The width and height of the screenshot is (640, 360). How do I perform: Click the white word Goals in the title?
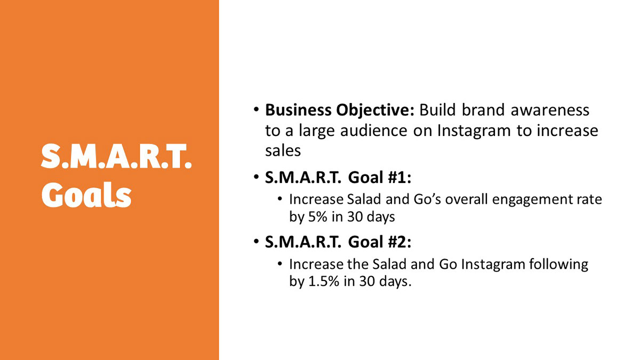pyautogui.click(x=86, y=195)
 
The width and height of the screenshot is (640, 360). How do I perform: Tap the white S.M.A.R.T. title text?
pyautogui.click(x=116, y=156)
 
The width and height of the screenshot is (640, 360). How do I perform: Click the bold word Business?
pyautogui.click(x=298, y=110)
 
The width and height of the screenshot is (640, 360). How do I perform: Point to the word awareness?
pyautogui.click(x=550, y=110)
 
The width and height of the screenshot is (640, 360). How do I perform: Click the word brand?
pyautogui.click(x=483, y=110)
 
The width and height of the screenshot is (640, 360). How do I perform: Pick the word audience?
pyautogui.click(x=374, y=131)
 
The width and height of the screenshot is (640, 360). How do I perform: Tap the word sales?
pyautogui.click(x=283, y=150)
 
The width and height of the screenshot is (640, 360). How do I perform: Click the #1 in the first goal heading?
pyautogui.click(x=399, y=178)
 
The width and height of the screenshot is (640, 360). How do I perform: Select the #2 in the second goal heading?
pyautogui.click(x=399, y=242)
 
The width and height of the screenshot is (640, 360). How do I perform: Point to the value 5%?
pyautogui.click(x=318, y=217)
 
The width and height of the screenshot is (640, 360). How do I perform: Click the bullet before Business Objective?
pyautogui.click(x=256, y=109)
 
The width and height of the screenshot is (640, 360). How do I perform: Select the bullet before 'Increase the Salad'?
pyautogui.click(x=279, y=263)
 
